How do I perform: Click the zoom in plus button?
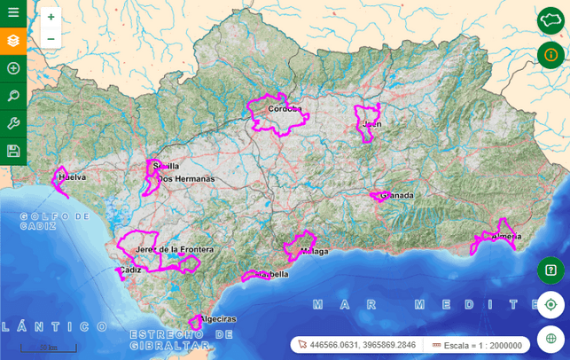pyautogui.click(x=51, y=17)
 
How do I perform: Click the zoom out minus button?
pyautogui.click(x=51, y=38)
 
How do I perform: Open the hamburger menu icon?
pyautogui.click(x=13, y=12)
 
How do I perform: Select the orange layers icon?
pyautogui.click(x=13, y=41)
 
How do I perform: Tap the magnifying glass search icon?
pyautogui.click(x=13, y=96)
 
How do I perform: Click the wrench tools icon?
pyautogui.click(x=13, y=123)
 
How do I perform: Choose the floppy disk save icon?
pyautogui.click(x=13, y=151)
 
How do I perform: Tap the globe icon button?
pyautogui.click(x=550, y=338)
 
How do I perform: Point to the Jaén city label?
pyautogui.click(x=372, y=124)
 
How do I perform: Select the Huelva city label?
pyautogui.click(x=72, y=177)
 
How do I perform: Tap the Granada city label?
pyautogui.click(x=396, y=195)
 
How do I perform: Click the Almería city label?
pyautogui.click(x=505, y=237)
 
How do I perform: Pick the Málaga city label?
pyautogui.click(x=315, y=252)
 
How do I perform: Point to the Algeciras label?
pyautogui.click(x=219, y=318)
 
